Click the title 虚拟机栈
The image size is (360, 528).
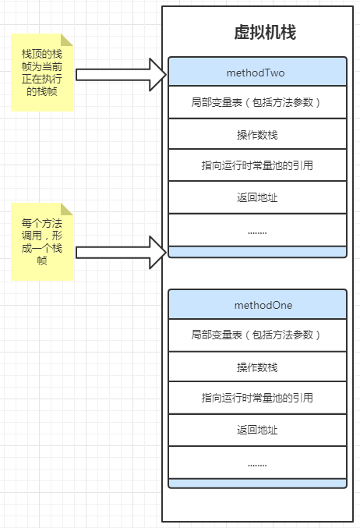[265, 33]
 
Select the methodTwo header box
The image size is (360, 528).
[257, 72]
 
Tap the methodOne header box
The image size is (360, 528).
[257, 304]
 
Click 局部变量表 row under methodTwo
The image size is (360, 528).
[257, 102]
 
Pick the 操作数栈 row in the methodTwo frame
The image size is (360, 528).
[257, 134]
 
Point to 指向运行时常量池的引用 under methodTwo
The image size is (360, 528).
[257, 165]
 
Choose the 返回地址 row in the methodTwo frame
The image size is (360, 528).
[257, 197]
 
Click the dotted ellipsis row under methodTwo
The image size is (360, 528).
[257, 230]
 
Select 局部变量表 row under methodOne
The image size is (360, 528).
[257, 335]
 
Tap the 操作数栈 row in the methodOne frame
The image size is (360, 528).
[257, 367]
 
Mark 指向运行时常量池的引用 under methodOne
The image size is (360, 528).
[257, 398]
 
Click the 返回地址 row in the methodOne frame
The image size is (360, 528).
[257, 430]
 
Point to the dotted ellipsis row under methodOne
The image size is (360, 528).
[257, 462]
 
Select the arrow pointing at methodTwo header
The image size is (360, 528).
[121, 75]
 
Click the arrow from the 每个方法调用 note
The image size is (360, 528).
[121, 253]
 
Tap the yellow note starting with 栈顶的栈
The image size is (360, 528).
[42, 73]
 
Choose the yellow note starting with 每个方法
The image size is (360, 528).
[42, 242]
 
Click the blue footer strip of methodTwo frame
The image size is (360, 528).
[257, 252]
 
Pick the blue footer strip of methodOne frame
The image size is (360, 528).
[257, 484]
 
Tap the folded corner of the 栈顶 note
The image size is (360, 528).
[67, 40]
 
